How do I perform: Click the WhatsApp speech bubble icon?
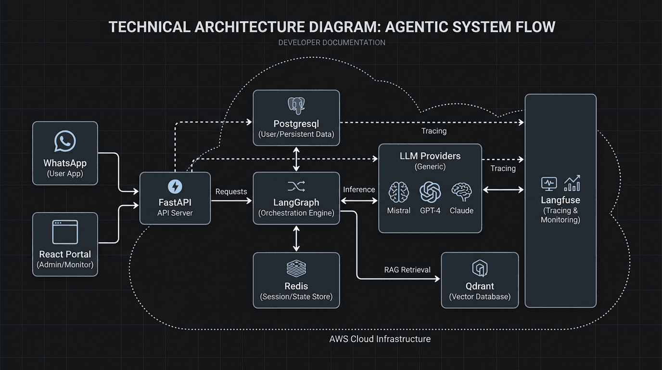pyautogui.click(x=65, y=142)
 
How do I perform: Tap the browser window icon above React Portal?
pyautogui.click(x=65, y=232)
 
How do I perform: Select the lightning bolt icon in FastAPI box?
pyautogui.click(x=175, y=186)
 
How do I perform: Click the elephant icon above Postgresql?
pyautogui.click(x=296, y=106)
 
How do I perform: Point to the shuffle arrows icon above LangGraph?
pyautogui.click(x=296, y=186)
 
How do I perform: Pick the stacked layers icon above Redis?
pyautogui.click(x=296, y=268)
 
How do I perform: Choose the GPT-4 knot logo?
pyautogui.click(x=430, y=192)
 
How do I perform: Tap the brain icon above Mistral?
pyautogui.click(x=399, y=192)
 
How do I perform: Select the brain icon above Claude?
pyautogui.click(x=461, y=192)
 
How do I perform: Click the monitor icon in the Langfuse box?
pyautogui.click(x=549, y=183)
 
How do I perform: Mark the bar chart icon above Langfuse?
pyautogui.click(x=572, y=183)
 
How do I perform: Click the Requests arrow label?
pyautogui.click(x=231, y=192)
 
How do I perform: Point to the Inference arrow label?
pyautogui.click(x=359, y=190)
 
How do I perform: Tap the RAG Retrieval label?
pyautogui.click(x=407, y=270)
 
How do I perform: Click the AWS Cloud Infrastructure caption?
pyautogui.click(x=380, y=339)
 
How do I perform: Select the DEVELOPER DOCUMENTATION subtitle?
pyautogui.click(x=331, y=42)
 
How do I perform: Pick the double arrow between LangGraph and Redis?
pyautogui.click(x=296, y=238)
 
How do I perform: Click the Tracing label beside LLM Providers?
pyautogui.click(x=503, y=169)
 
